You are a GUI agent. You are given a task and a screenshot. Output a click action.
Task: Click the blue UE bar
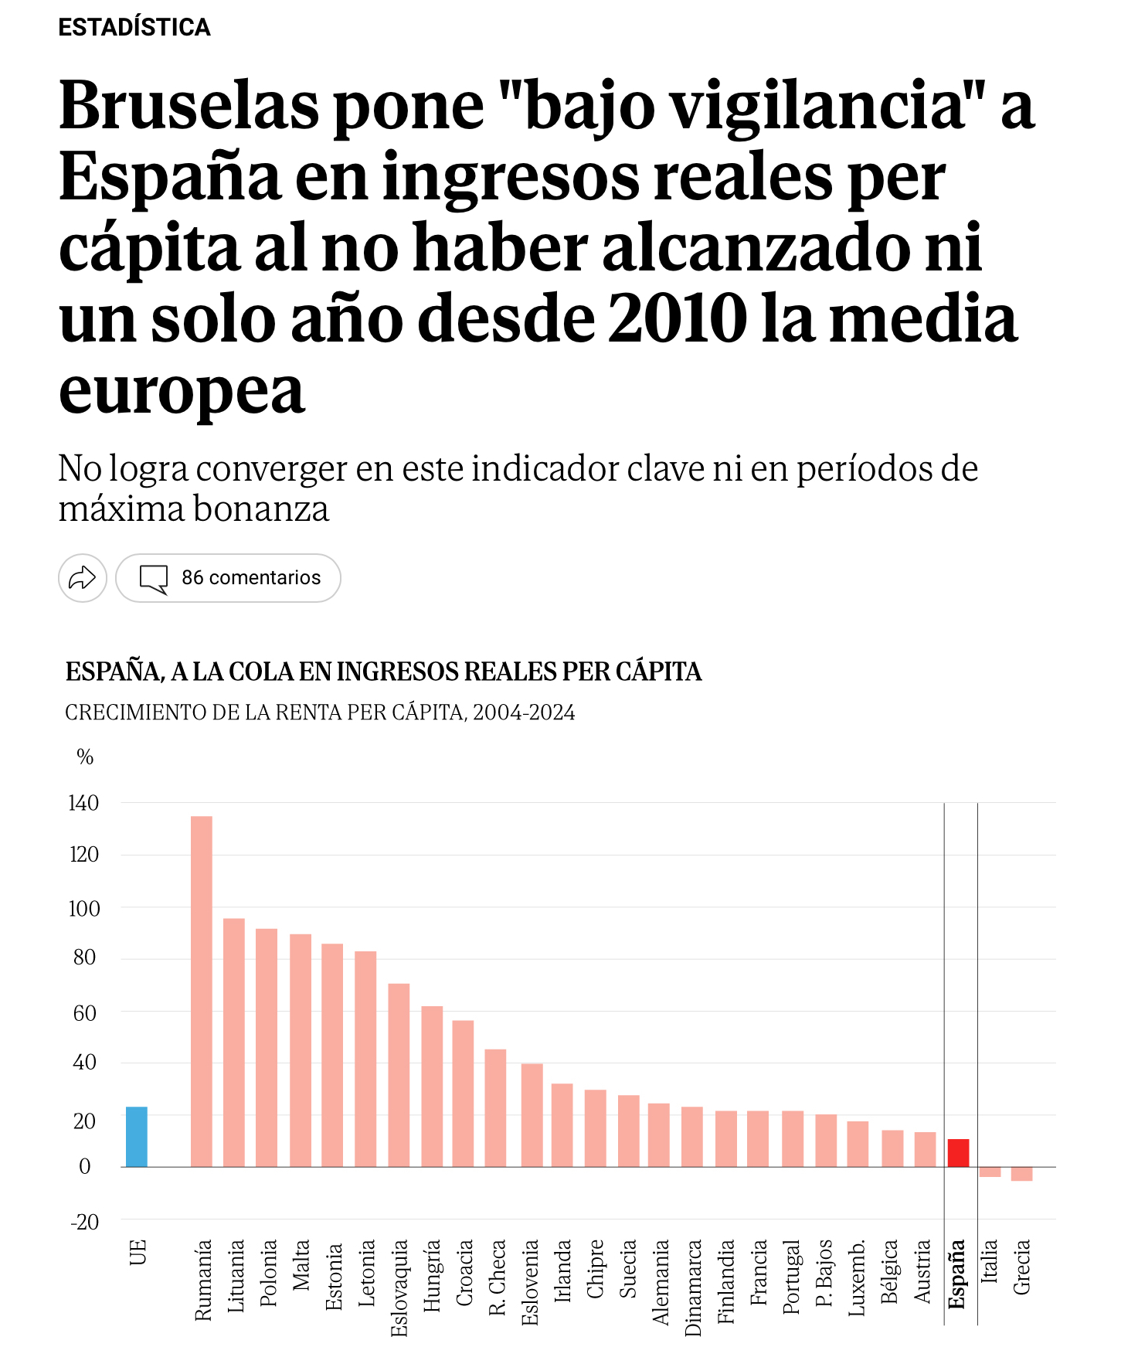coord(137,1136)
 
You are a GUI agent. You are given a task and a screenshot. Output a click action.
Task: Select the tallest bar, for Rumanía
coord(202,991)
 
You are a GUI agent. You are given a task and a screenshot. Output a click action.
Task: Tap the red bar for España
coord(958,1152)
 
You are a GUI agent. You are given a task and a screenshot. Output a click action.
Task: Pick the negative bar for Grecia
coord(1021,1174)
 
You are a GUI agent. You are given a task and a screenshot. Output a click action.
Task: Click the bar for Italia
coord(990,1172)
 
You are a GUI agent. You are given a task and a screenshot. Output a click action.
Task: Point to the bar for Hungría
coord(432,1086)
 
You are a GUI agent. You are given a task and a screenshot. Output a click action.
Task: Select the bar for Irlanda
coord(562,1124)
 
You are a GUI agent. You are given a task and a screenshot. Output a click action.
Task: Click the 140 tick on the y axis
coord(83,804)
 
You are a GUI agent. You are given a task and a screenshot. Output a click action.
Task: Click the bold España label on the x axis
coord(957,1274)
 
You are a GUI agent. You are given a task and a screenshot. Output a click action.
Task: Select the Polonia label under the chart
coord(268,1273)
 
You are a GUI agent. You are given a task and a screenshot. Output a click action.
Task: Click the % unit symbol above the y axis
coord(85,757)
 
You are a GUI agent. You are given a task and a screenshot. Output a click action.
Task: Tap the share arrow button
coord(83,577)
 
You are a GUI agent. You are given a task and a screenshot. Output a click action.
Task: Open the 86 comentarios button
coord(229,577)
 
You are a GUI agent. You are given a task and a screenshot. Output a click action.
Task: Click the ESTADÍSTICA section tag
coord(134,27)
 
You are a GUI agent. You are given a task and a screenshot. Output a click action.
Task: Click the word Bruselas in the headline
coord(189,106)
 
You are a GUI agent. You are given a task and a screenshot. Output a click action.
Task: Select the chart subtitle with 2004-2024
coord(320,712)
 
